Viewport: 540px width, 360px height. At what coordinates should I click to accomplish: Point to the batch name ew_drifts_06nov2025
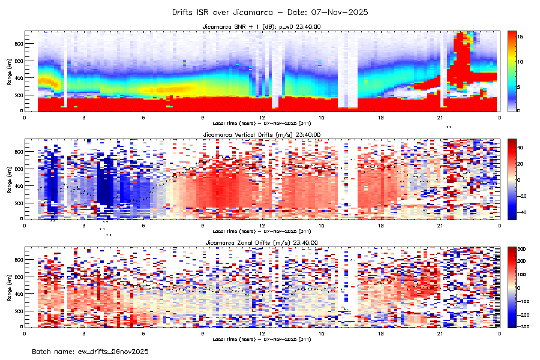point(90,350)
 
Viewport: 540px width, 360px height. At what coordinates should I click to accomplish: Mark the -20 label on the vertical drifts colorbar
point(522,196)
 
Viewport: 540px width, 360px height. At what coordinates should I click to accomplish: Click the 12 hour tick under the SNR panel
point(262,118)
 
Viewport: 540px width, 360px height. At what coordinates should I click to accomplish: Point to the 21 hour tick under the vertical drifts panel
point(440,226)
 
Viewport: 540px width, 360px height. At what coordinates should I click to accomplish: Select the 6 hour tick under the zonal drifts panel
point(143,333)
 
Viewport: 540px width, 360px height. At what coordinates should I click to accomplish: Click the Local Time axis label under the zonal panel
point(262,338)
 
